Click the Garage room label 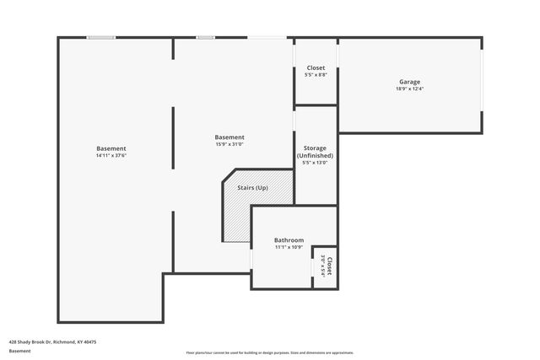tap(410, 82)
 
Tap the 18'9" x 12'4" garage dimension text tap(410, 89)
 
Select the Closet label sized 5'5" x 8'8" tap(316, 67)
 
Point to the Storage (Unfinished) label tap(316, 152)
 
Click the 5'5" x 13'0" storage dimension tap(316, 163)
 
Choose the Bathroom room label tap(289, 240)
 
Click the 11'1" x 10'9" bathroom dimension tap(289, 248)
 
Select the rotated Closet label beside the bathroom tap(329, 266)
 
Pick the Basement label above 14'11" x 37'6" tap(111, 148)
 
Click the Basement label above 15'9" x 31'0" tap(229, 137)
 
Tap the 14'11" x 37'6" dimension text tap(111, 156)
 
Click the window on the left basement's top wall tap(102, 37)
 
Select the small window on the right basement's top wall tap(205, 37)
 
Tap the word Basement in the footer tap(19, 351)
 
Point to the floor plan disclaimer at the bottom tap(270, 352)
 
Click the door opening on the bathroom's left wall tap(251, 257)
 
